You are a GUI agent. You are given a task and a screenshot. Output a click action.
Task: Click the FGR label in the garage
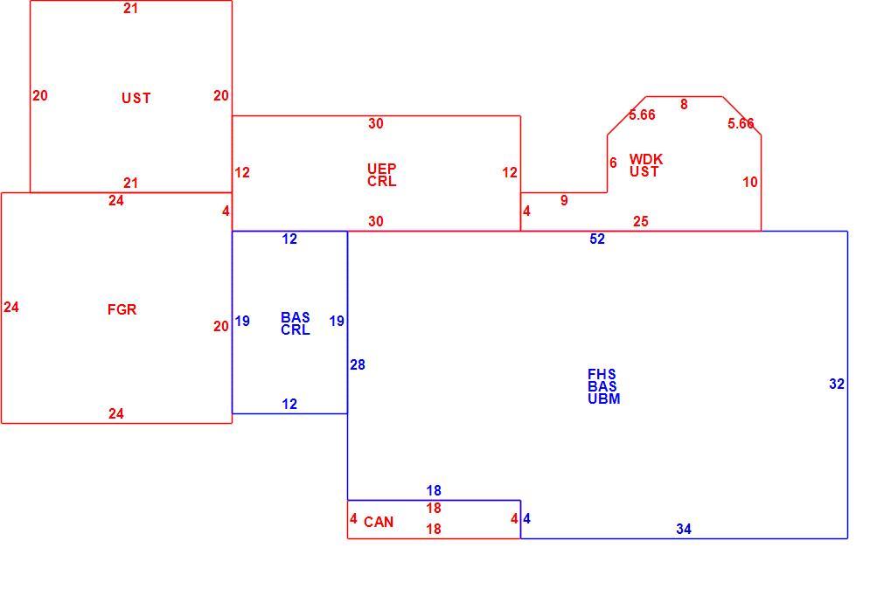[x=122, y=309]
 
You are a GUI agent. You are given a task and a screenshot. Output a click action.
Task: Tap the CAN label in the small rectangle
[x=379, y=522]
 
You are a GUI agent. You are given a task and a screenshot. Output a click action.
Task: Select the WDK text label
[x=646, y=159]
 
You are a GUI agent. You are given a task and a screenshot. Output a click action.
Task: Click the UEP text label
[x=382, y=169]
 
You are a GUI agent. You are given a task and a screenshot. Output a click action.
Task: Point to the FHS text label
[x=602, y=374]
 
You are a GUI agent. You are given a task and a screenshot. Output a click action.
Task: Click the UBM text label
[x=604, y=398]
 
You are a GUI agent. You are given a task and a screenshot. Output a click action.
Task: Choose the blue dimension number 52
[x=597, y=239]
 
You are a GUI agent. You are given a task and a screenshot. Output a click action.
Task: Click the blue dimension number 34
[x=684, y=530]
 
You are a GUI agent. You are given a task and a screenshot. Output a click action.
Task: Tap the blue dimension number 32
[x=837, y=385]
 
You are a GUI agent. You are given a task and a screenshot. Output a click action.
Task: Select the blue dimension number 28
[x=358, y=365]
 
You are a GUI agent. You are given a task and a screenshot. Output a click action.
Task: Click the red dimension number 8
[x=684, y=105]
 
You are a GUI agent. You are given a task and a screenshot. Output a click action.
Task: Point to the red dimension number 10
[x=750, y=183]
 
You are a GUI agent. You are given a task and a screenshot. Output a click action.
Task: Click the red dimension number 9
[x=564, y=200]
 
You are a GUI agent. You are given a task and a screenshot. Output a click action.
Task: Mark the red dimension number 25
[x=640, y=221]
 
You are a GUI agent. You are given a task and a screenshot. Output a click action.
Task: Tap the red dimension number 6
[x=613, y=163]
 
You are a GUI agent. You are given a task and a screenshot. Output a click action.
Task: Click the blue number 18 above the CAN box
[x=434, y=491]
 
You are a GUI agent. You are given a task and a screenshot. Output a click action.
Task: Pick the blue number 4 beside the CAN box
[x=526, y=518]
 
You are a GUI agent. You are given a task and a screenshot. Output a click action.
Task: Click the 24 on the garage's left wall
[x=11, y=308]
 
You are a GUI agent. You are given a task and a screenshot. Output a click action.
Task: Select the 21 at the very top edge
[x=130, y=9]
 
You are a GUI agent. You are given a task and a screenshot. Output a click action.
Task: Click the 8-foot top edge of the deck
[x=684, y=96]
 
